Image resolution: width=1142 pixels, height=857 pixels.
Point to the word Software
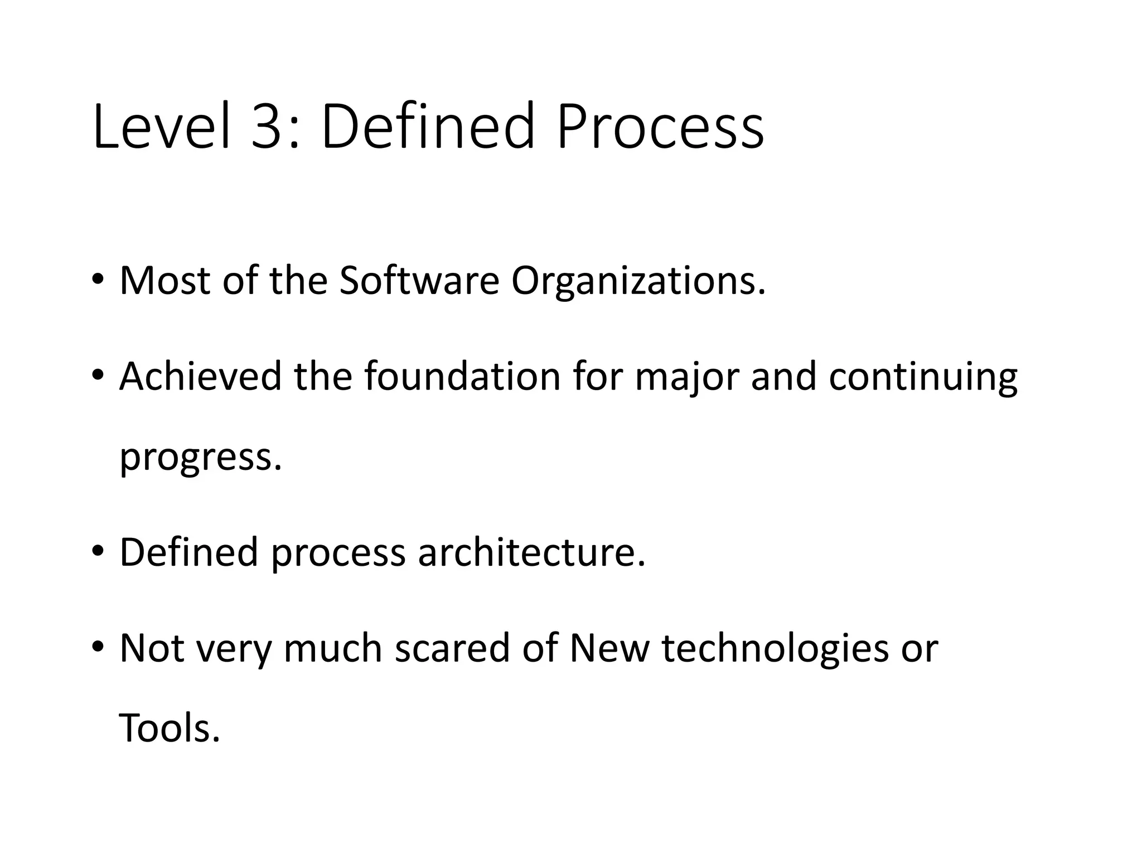point(419,280)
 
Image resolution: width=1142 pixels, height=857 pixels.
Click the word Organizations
point(638,281)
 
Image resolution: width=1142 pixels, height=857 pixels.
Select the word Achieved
point(200,376)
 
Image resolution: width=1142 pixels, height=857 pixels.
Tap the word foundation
point(462,376)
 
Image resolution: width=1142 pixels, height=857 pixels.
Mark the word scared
point(452,648)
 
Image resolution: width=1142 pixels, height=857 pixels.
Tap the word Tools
point(170,729)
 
